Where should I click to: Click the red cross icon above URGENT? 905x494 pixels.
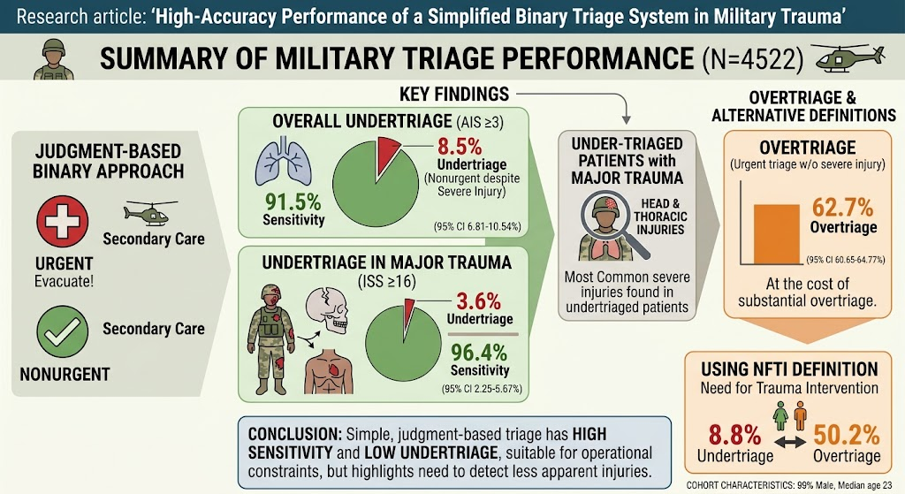pyautogui.click(x=63, y=221)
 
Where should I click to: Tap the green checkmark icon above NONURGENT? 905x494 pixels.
pyautogui.click(x=63, y=331)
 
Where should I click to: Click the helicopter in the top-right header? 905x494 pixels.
pyautogui.click(x=848, y=57)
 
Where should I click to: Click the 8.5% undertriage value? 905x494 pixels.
pyautogui.click(x=460, y=146)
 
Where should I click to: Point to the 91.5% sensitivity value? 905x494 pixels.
pyautogui.click(x=293, y=201)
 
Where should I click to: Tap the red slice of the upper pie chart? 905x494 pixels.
pyautogui.click(x=387, y=154)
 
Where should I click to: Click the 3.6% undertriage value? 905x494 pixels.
pyautogui.click(x=478, y=300)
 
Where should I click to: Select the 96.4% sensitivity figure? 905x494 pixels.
pyautogui.click(x=479, y=352)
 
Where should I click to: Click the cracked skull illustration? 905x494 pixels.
pyautogui.click(x=327, y=310)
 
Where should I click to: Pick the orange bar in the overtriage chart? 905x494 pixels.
pyautogui.click(x=777, y=233)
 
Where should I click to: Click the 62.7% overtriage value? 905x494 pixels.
pyautogui.click(x=842, y=207)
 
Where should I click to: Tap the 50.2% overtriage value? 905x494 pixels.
pyautogui.click(x=847, y=435)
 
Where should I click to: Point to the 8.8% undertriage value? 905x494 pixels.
pyautogui.click(x=734, y=435)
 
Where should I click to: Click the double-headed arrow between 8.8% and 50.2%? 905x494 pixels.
pyautogui.click(x=790, y=442)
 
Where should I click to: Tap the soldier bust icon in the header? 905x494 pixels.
pyautogui.click(x=54, y=59)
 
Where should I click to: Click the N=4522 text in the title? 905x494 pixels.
pyautogui.click(x=753, y=59)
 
